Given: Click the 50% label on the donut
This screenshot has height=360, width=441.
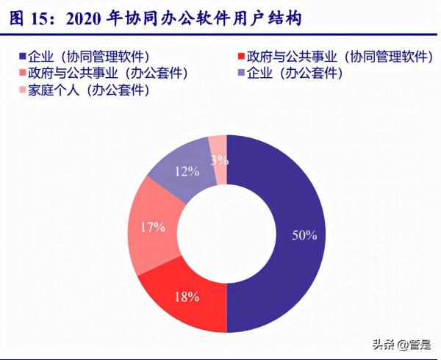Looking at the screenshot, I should click(303, 236).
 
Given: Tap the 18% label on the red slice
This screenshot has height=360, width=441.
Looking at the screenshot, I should click(186, 297).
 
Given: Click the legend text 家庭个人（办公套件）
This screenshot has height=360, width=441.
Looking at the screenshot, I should click(88, 91).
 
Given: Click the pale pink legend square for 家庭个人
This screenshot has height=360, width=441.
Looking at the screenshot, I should click(21, 91).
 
